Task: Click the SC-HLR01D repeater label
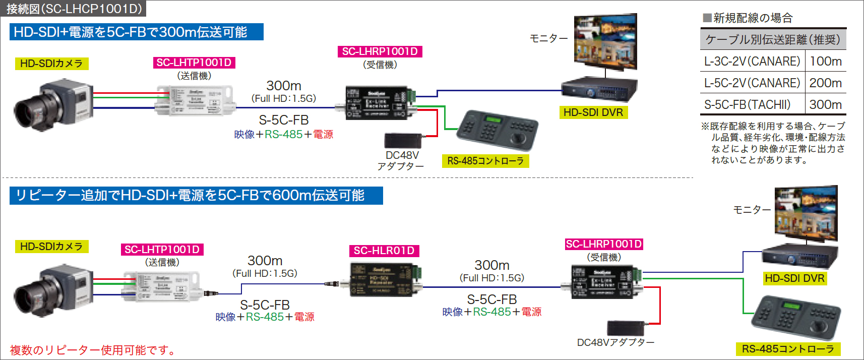[384, 251]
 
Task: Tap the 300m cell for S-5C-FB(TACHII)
[825, 104]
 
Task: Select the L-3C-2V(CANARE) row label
[752, 62]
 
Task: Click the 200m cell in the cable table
[825, 83]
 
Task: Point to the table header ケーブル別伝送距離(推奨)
[773, 39]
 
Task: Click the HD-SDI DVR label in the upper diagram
[593, 112]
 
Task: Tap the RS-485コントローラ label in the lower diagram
[787, 349]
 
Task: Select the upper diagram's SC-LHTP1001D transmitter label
[194, 63]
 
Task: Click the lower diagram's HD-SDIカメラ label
[51, 247]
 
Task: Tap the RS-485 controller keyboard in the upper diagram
[497, 130]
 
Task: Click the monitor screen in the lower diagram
[806, 212]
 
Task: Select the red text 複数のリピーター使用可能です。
[93, 350]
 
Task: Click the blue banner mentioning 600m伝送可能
[196, 196]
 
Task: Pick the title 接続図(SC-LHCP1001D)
[74, 9]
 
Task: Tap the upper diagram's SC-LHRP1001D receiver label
[380, 51]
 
